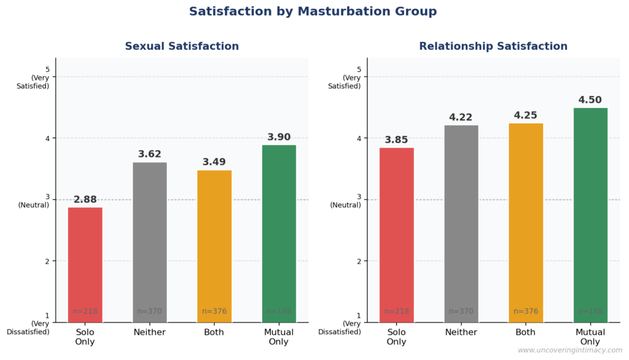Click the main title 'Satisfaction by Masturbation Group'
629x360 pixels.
pos(313,12)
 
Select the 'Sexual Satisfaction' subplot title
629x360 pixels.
pos(182,47)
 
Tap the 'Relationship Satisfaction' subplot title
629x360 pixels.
pos(493,47)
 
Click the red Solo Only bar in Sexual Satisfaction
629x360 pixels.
pos(85,264)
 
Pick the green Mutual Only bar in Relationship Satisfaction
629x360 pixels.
pos(590,215)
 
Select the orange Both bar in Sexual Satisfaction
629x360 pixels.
pos(214,246)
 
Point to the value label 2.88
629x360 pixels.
pos(85,200)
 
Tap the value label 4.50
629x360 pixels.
pos(590,100)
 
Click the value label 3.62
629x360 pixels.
pos(150,154)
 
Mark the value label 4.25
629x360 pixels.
pos(526,115)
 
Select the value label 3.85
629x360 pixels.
pos(397,140)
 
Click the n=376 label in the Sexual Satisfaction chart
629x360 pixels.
pos(214,311)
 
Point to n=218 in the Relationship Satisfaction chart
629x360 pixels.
pos(397,311)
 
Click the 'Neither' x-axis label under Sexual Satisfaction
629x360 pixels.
pos(150,332)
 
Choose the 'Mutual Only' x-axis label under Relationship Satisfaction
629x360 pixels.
pos(590,337)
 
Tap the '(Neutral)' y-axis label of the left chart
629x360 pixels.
pos(34,205)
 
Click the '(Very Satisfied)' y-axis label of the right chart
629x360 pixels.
pos(345,82)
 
